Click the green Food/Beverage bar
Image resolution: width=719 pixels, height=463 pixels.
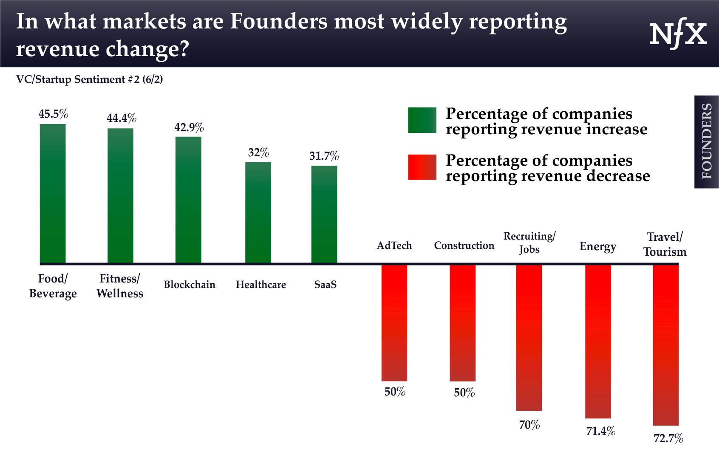point(53,193)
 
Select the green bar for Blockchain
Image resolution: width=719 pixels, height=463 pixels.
point(188,200)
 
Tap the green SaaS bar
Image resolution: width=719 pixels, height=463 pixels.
point(324,215)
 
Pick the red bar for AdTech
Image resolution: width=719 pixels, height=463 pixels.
point(394,323)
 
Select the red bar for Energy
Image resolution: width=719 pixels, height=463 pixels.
point(598,342)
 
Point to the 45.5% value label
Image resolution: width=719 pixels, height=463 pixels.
point(54,114)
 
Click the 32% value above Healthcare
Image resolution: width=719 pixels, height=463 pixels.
point(258,152)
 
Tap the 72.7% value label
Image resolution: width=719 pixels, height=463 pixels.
point(668,438)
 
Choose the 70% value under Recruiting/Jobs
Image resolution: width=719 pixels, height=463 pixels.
point(529,425)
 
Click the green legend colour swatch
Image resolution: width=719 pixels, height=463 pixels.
point(422,120)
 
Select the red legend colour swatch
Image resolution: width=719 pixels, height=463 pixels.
point(422,167)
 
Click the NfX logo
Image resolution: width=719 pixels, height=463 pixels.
point(678,35)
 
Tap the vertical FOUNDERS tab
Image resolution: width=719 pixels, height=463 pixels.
point(707,141)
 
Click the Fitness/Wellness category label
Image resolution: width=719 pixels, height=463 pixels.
point(120,286)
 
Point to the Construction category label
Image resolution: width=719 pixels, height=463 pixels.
point(464,246)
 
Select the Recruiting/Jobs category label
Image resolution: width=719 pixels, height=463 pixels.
point(529,242)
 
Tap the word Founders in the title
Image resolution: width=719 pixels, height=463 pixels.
point(279,21)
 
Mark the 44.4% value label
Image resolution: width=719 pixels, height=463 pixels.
point(122,118)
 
